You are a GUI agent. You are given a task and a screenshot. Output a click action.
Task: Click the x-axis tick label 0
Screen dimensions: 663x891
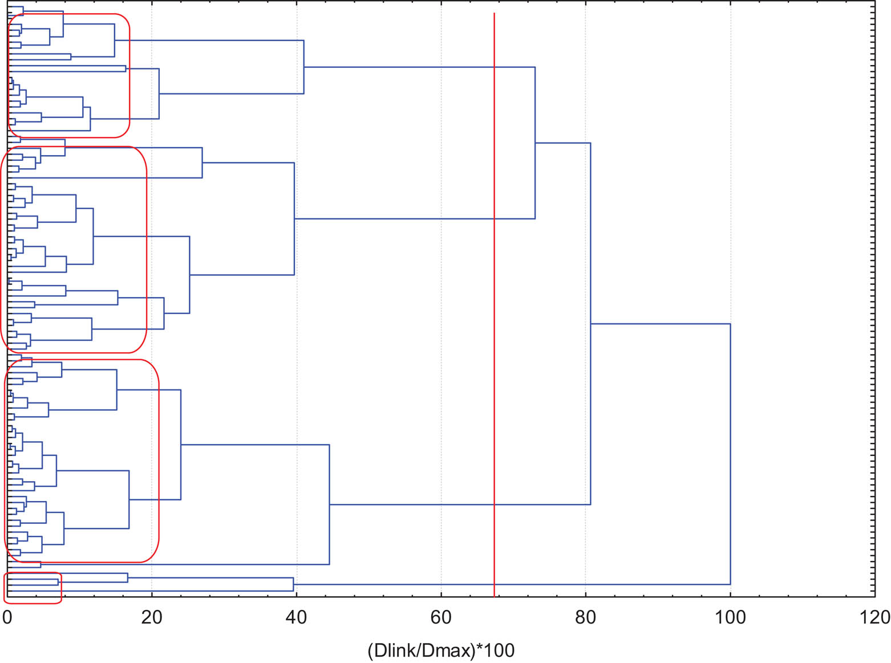click(x=7, y=617)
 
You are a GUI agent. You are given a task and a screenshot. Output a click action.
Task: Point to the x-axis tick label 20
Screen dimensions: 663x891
click(x=152, y=617)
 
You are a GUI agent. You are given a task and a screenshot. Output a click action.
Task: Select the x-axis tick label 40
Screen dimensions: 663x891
click(x=296, y=617)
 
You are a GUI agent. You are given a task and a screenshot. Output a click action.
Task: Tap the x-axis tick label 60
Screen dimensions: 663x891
click(x=441, y=617)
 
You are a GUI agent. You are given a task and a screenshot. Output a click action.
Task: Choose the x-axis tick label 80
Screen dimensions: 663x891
click(x=585, y=617)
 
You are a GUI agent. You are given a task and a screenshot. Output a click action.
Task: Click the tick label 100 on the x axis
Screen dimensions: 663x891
click(x=730, y=617)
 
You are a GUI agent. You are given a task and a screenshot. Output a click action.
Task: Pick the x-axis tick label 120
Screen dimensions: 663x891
click(x=874, y=617)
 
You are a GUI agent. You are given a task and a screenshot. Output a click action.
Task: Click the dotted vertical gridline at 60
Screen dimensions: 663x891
click(x=441, y=342)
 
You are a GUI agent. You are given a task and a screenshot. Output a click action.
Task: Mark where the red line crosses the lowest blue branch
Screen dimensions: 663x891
click(x=494, y=584)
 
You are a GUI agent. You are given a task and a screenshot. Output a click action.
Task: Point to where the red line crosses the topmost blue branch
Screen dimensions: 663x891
click(x=494, y=67)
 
